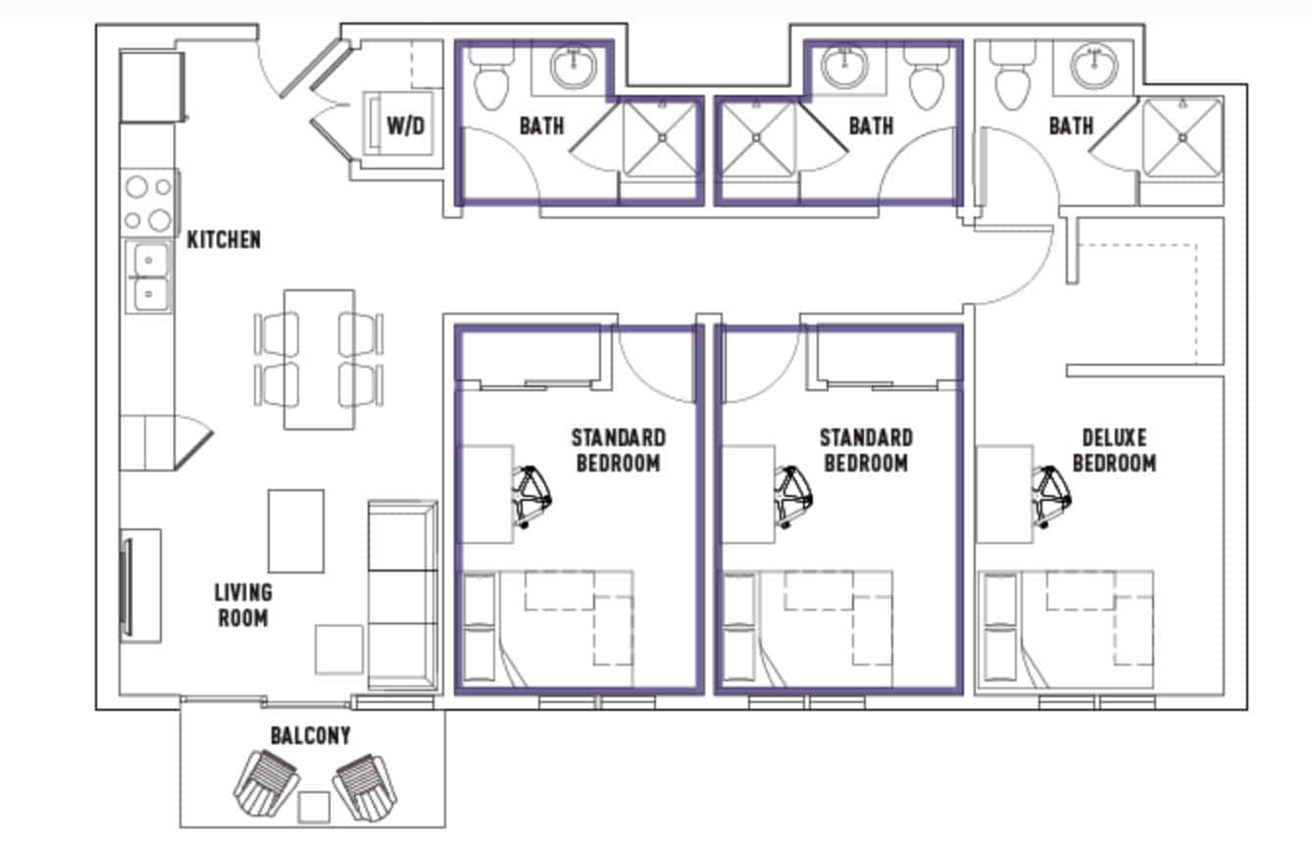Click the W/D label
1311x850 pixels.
tap(405, 125)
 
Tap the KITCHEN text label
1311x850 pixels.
tap(224, 239)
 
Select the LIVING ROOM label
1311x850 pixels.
tap(242, 605)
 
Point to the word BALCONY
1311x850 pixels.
tap(310, 735)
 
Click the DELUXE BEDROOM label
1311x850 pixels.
tap(1114, 450)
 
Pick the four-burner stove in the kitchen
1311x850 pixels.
tap(147, 202)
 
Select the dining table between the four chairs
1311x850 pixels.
tap(319, 359)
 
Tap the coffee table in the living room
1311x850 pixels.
tap(296, 530)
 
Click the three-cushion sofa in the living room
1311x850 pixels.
tap(402, 595)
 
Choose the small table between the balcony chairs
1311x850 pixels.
tap(314, 807)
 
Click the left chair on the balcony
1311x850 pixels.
tap(266, 780)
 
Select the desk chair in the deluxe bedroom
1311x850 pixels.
tap(1050, 496)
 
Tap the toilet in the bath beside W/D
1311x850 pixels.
tap(490, 78)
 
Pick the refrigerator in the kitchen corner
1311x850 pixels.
tap(151, 86)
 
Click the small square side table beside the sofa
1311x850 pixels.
tap(338, 649)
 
